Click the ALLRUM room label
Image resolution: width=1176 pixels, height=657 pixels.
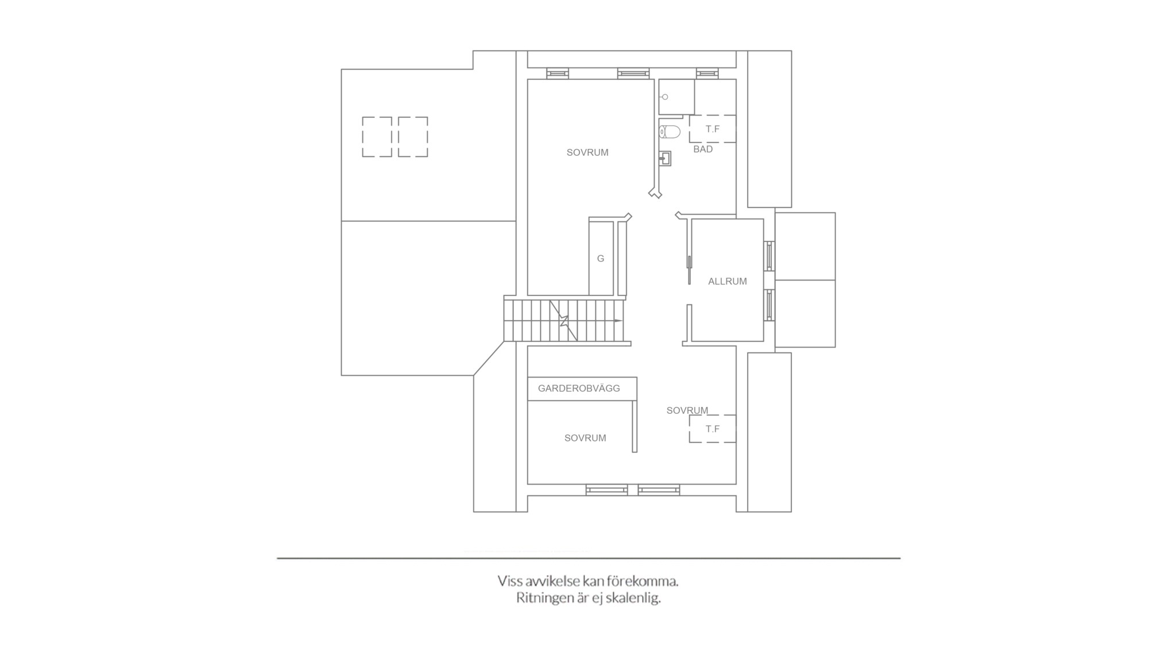click(x=727, y=281)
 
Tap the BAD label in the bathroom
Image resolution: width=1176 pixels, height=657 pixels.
click(x=703, y=149)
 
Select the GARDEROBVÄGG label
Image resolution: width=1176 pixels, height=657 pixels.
click(x=579, y=389)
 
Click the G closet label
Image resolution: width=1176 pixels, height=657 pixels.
click(x=601, y=259)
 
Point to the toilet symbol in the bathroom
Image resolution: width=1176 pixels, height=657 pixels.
click(x=670, y=132)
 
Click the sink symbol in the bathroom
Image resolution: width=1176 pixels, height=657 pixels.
click(x=666, y=158)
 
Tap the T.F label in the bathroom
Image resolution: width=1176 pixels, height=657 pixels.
click(x=713, y=129)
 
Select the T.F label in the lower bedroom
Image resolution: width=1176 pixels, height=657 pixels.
click(x=713, y=429)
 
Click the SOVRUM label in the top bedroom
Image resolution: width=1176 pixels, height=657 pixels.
click(x=587, y=153)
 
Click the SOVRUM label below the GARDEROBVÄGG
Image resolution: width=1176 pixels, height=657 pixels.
click(x=585, y=438)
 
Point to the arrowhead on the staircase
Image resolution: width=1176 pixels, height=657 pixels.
click(x=618, y=321)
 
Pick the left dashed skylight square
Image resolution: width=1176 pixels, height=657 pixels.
click(x=377, y=137)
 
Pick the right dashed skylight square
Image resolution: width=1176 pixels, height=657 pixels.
click(x=413, y=137)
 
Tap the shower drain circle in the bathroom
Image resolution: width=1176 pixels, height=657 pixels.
click(x=665, y=97)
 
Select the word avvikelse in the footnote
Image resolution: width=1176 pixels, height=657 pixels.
click(x=548, y=581)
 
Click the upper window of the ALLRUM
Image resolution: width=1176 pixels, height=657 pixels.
click(x=769, y=256)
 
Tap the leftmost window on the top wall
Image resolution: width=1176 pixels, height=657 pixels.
click(x=557, y=74)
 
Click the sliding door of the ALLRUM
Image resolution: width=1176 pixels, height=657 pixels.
click(x=689, y=270)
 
